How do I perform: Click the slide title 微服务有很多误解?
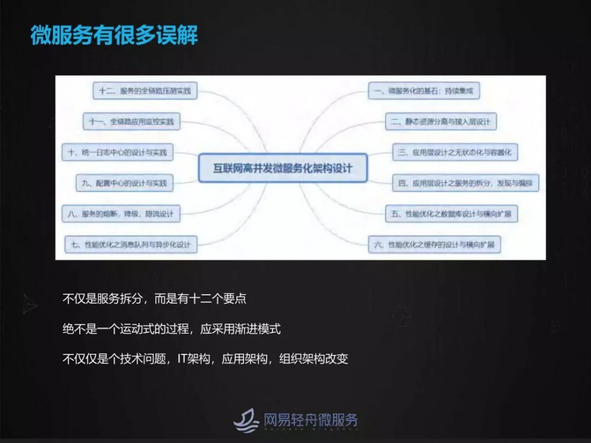click(114, 34)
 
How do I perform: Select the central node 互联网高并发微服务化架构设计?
click(282, 168)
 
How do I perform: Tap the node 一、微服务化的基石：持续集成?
click(424, 91)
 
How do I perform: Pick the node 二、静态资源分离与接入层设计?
click(441, 122)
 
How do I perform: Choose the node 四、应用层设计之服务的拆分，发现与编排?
click(465, 183)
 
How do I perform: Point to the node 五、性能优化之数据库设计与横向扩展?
click(451, 213)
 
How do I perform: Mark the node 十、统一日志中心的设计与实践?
click(118, 152)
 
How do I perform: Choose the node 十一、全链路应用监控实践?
click(131, 122)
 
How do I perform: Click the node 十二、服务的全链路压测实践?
click(145, 91)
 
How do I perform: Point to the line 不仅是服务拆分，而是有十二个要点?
click(154, 299)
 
